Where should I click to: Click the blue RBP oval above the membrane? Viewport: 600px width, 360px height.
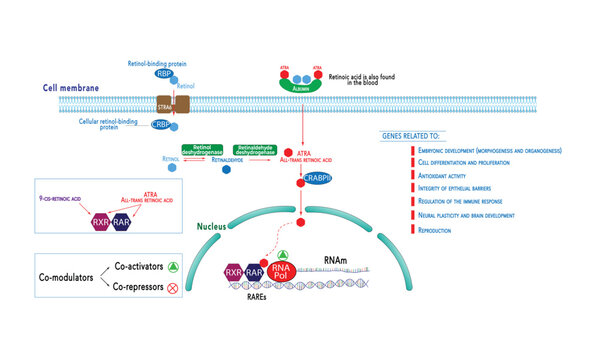point(162,73)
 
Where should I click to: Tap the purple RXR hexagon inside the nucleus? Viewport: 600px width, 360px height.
point(233,272)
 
